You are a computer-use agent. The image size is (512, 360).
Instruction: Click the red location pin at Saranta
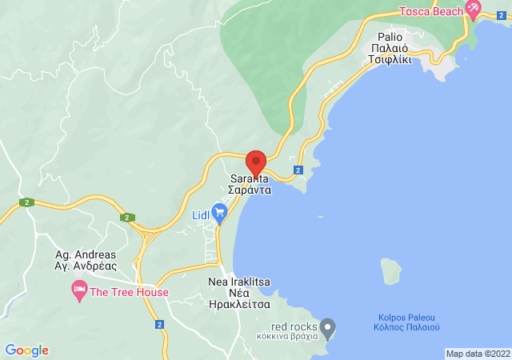256,162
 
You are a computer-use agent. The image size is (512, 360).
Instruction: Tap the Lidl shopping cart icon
220,212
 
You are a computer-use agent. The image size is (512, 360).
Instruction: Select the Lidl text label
200,215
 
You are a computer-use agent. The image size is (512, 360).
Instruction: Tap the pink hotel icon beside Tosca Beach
472,11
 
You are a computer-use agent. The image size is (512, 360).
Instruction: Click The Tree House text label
129,292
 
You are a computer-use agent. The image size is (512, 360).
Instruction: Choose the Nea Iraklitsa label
239,282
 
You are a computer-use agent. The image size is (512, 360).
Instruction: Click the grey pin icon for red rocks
326,326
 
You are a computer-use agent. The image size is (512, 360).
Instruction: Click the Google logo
27,350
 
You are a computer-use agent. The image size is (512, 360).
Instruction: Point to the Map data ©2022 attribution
477,354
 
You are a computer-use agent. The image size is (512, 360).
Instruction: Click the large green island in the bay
391,270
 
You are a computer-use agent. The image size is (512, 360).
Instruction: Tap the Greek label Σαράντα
250,191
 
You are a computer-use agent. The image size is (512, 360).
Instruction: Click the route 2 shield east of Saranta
298,170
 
